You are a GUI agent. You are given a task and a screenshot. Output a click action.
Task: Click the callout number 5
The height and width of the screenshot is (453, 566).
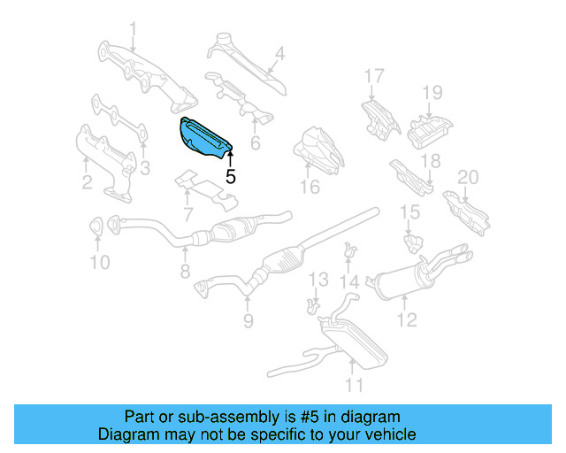point(231,176)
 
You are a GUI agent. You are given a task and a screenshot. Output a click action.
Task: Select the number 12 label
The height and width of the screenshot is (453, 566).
point(406,320)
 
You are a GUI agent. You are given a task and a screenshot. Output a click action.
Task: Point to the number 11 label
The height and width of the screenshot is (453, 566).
point(354,385)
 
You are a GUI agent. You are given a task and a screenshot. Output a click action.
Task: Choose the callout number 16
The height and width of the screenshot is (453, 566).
point(309,187)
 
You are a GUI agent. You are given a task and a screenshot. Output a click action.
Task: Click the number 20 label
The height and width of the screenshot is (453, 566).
point(467,177)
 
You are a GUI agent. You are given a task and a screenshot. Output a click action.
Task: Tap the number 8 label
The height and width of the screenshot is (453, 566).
point(185,273)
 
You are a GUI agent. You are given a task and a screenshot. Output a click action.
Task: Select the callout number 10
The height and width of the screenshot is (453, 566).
point(99,262)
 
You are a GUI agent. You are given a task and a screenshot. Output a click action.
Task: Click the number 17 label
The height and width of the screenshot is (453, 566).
point(374,76)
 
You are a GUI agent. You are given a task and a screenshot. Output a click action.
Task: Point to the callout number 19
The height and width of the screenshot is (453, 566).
point(431,92)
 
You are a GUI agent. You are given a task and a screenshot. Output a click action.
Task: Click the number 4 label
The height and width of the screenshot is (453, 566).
point(279,53)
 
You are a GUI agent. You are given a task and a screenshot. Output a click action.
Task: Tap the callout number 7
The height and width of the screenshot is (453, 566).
point(187,213)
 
